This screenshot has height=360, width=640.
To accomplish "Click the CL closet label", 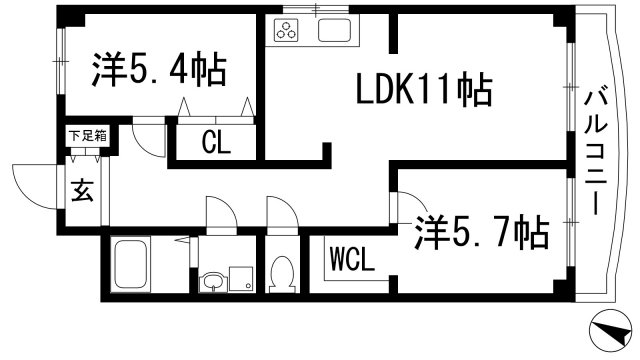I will click(x=216, y=142).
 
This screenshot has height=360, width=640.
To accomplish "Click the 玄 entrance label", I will click(x=82, y=189).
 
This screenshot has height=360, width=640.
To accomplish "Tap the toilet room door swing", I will click(x=278, y=215).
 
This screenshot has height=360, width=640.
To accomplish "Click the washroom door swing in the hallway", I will click(x=220, y=213).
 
